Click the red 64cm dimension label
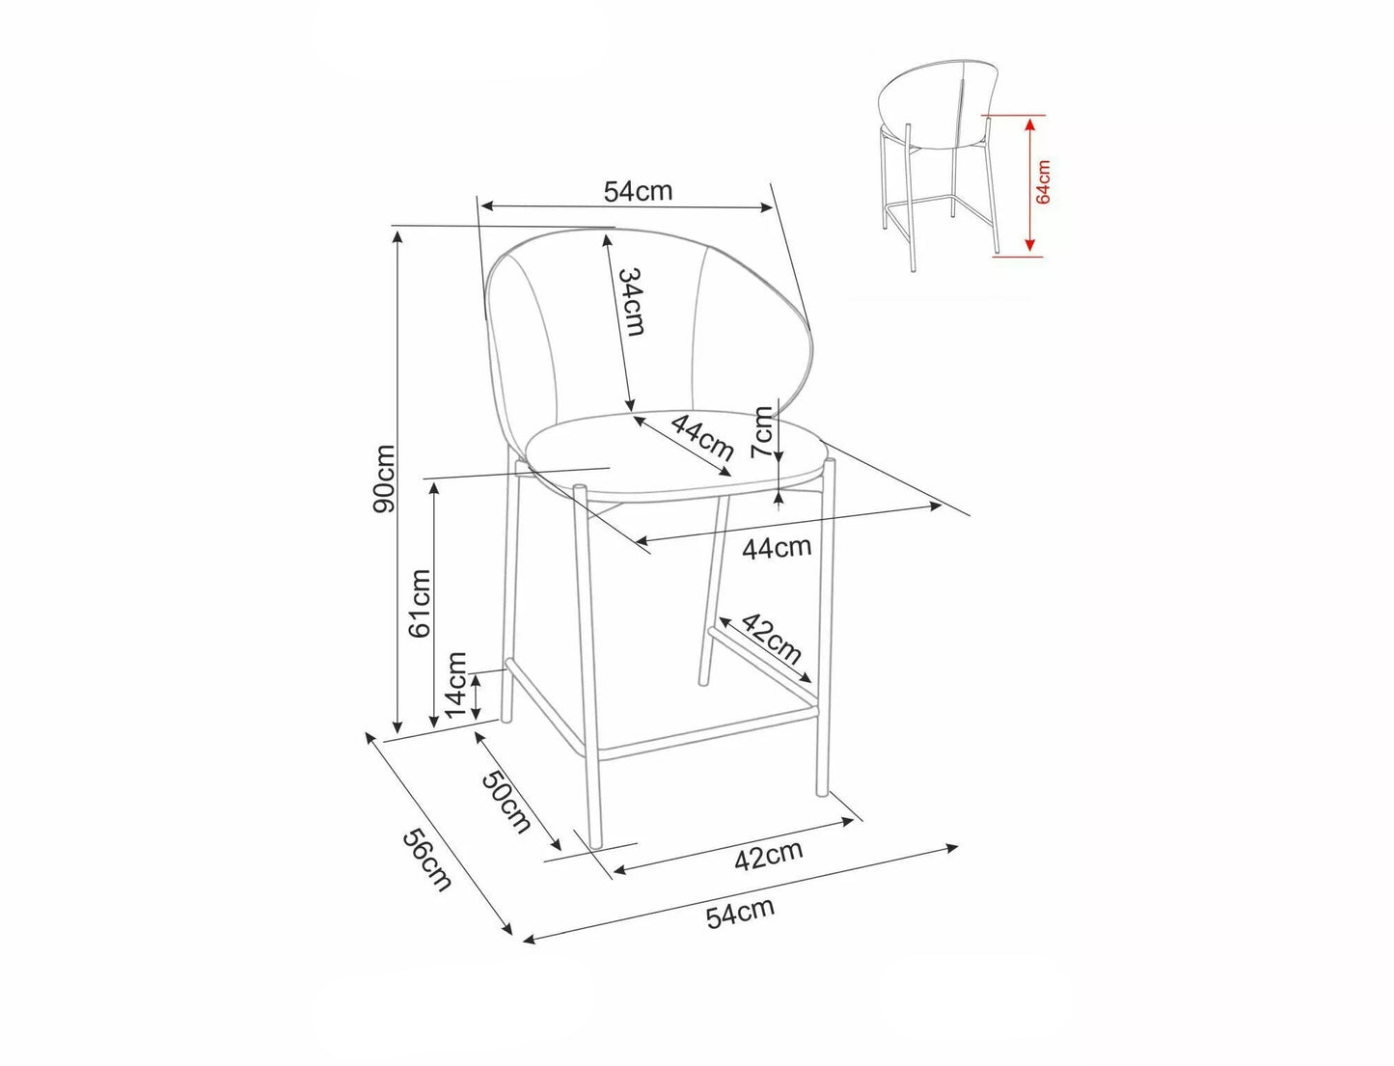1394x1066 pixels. (x=1044, y=182)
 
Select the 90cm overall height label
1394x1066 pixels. (x=384, y=478)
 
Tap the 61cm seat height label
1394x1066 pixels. (x=420, y=603)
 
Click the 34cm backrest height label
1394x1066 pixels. (x=633, y=302)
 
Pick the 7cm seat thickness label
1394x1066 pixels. (x=761, y=432)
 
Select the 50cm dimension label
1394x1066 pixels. (x=506, y=802)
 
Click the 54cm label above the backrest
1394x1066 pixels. (x=638, y=190)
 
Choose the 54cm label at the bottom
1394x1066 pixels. (x=741, y=913)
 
